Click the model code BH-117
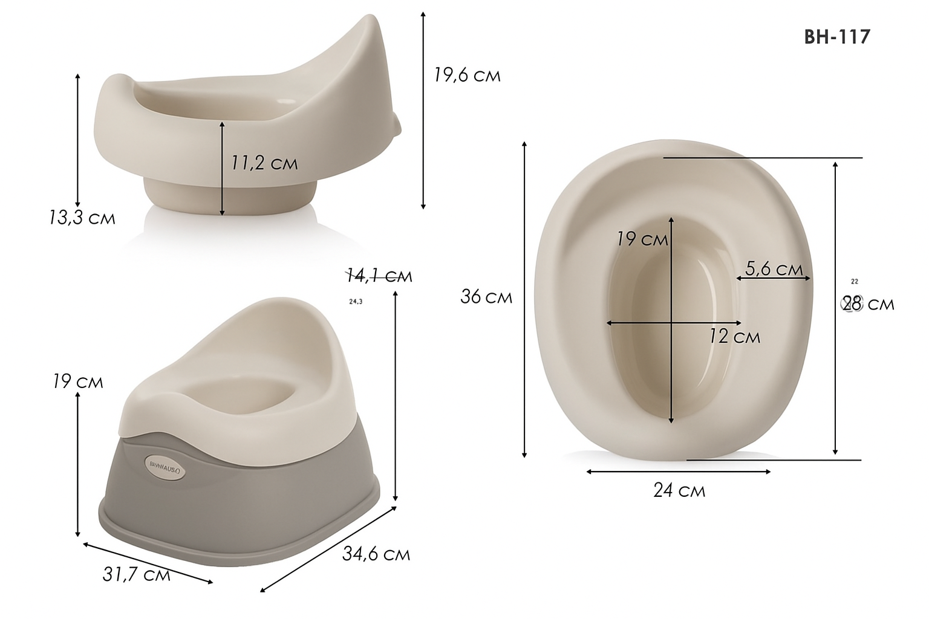click(x=836, y=37)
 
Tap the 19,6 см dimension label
click(x=466, y=75)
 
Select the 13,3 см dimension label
click(x=82, y=218)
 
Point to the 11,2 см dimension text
click(x=264, y=163)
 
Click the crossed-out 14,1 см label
click(x=379, y=276)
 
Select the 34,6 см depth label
click(x=376, y=553)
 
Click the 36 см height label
click(x=486, y=297)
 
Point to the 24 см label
click(x=679, y=490)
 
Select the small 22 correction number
click(x=854, y=282)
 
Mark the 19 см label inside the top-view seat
click(x=642, y=239)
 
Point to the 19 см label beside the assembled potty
click(x=77, y=381)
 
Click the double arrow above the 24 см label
click(x=678, y=472)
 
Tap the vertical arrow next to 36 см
click(x=524, y=299)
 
